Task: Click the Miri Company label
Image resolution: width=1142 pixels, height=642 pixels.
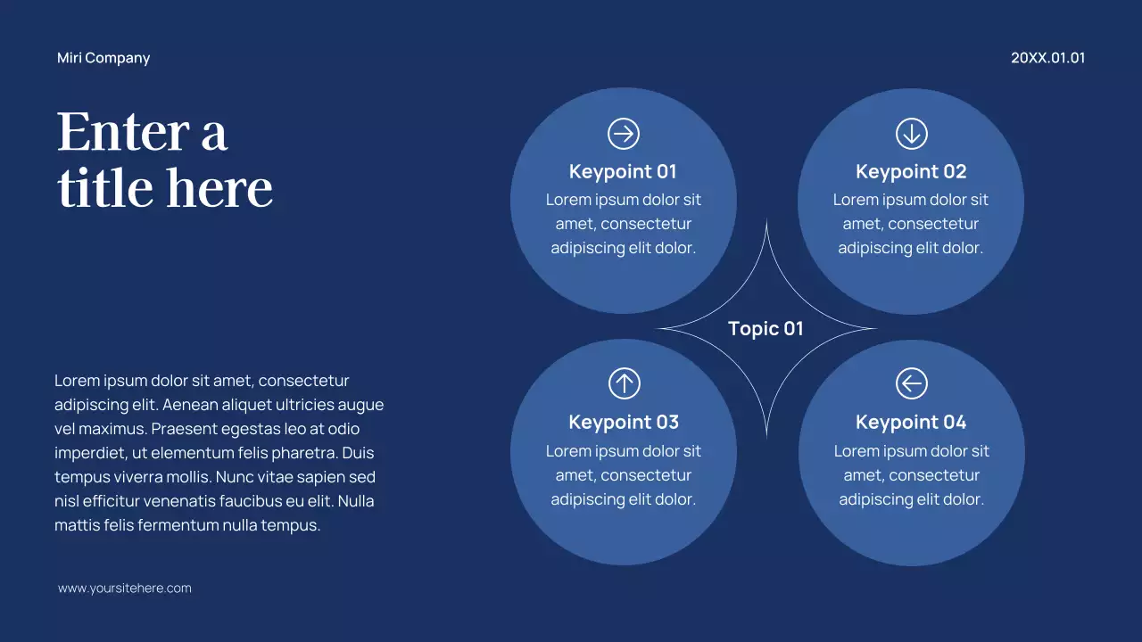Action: (103, 58)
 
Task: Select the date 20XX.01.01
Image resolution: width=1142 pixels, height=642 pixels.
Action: (1047, 58)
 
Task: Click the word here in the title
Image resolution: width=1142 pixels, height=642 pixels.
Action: (219, 188)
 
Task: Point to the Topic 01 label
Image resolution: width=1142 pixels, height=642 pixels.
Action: (765, 328)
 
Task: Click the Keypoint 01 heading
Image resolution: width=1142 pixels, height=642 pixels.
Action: (623, 171)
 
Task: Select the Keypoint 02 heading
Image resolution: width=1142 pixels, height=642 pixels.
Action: (911, 171)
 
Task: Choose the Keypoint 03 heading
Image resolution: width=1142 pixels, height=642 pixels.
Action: (624, 422)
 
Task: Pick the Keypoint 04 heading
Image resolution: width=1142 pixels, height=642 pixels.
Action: (911, 422)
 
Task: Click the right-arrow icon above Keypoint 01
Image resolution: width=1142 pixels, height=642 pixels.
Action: (624, 134)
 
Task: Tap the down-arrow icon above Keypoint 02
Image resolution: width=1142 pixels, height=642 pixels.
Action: (911, 134)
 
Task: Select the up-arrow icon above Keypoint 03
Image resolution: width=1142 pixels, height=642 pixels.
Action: (625, 384)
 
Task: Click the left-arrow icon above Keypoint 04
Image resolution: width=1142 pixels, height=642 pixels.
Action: (911, 384)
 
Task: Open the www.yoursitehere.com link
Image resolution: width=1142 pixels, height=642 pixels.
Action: (125, 588)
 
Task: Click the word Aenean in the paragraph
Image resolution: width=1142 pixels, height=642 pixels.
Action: (192, 405)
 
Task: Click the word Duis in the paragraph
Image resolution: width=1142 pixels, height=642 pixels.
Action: (358, 453)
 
